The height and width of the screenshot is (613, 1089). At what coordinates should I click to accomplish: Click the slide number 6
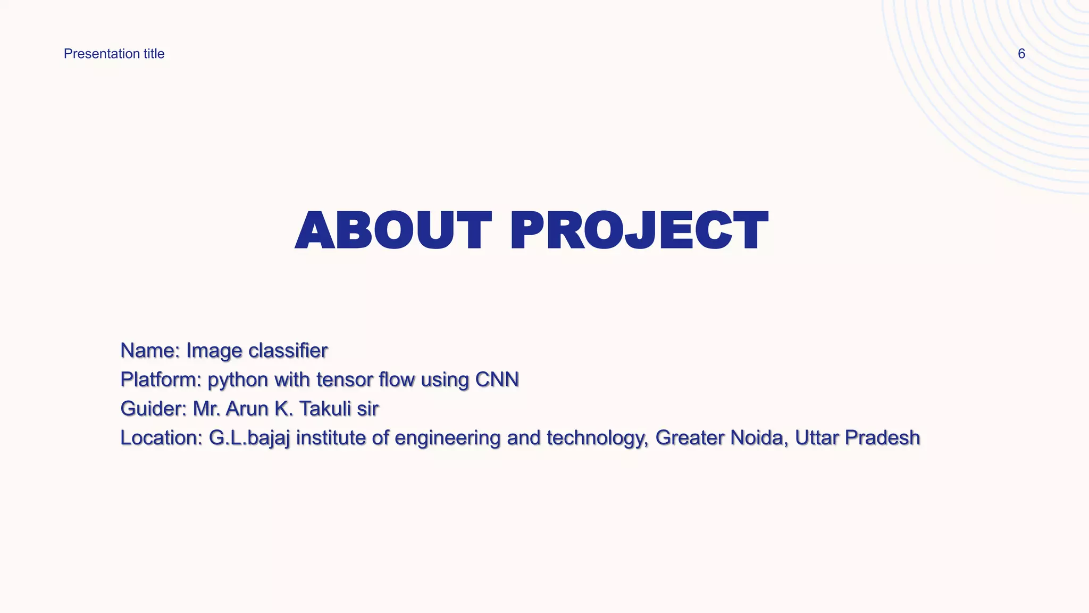pos(1021,54)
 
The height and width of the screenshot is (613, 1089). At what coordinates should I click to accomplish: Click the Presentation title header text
pos(114,54)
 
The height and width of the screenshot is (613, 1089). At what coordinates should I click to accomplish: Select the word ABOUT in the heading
pos(393,230)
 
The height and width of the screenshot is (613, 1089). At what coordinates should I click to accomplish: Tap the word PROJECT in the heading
pos(639,230)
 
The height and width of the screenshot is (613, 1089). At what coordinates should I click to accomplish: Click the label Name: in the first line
pos(150,351)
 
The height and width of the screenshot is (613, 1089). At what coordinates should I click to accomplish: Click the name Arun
pos(247,409)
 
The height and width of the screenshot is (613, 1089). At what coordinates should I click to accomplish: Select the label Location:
pos(161,438)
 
